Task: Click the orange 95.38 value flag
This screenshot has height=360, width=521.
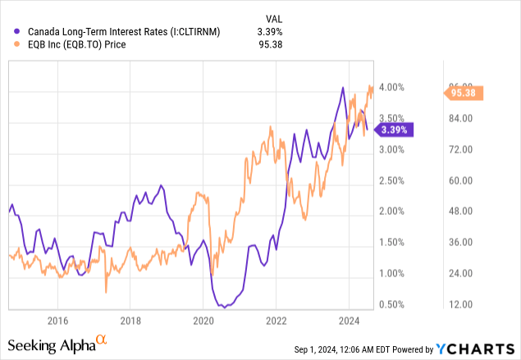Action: (x=473, y=93)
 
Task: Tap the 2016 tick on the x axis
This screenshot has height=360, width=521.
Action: (x=57, y=319)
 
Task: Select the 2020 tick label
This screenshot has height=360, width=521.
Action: (x=203, y=319)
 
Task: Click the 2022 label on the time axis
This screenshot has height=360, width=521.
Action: (x=276, y=319)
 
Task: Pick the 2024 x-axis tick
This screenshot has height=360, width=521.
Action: (x=348, y=319)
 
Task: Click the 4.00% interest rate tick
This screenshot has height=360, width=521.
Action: (x=391, y=87)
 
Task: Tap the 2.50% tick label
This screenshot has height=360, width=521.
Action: (x=391, y=180)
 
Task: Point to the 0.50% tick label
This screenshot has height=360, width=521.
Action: (x=391, y=305)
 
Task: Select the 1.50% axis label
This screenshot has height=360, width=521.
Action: (x=391, y=243)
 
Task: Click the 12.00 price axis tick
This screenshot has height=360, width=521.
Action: (x=460, y=305)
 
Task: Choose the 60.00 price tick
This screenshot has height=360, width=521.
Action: (x=460, y=180)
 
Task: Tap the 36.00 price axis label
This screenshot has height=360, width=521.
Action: (x=460, y=243)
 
